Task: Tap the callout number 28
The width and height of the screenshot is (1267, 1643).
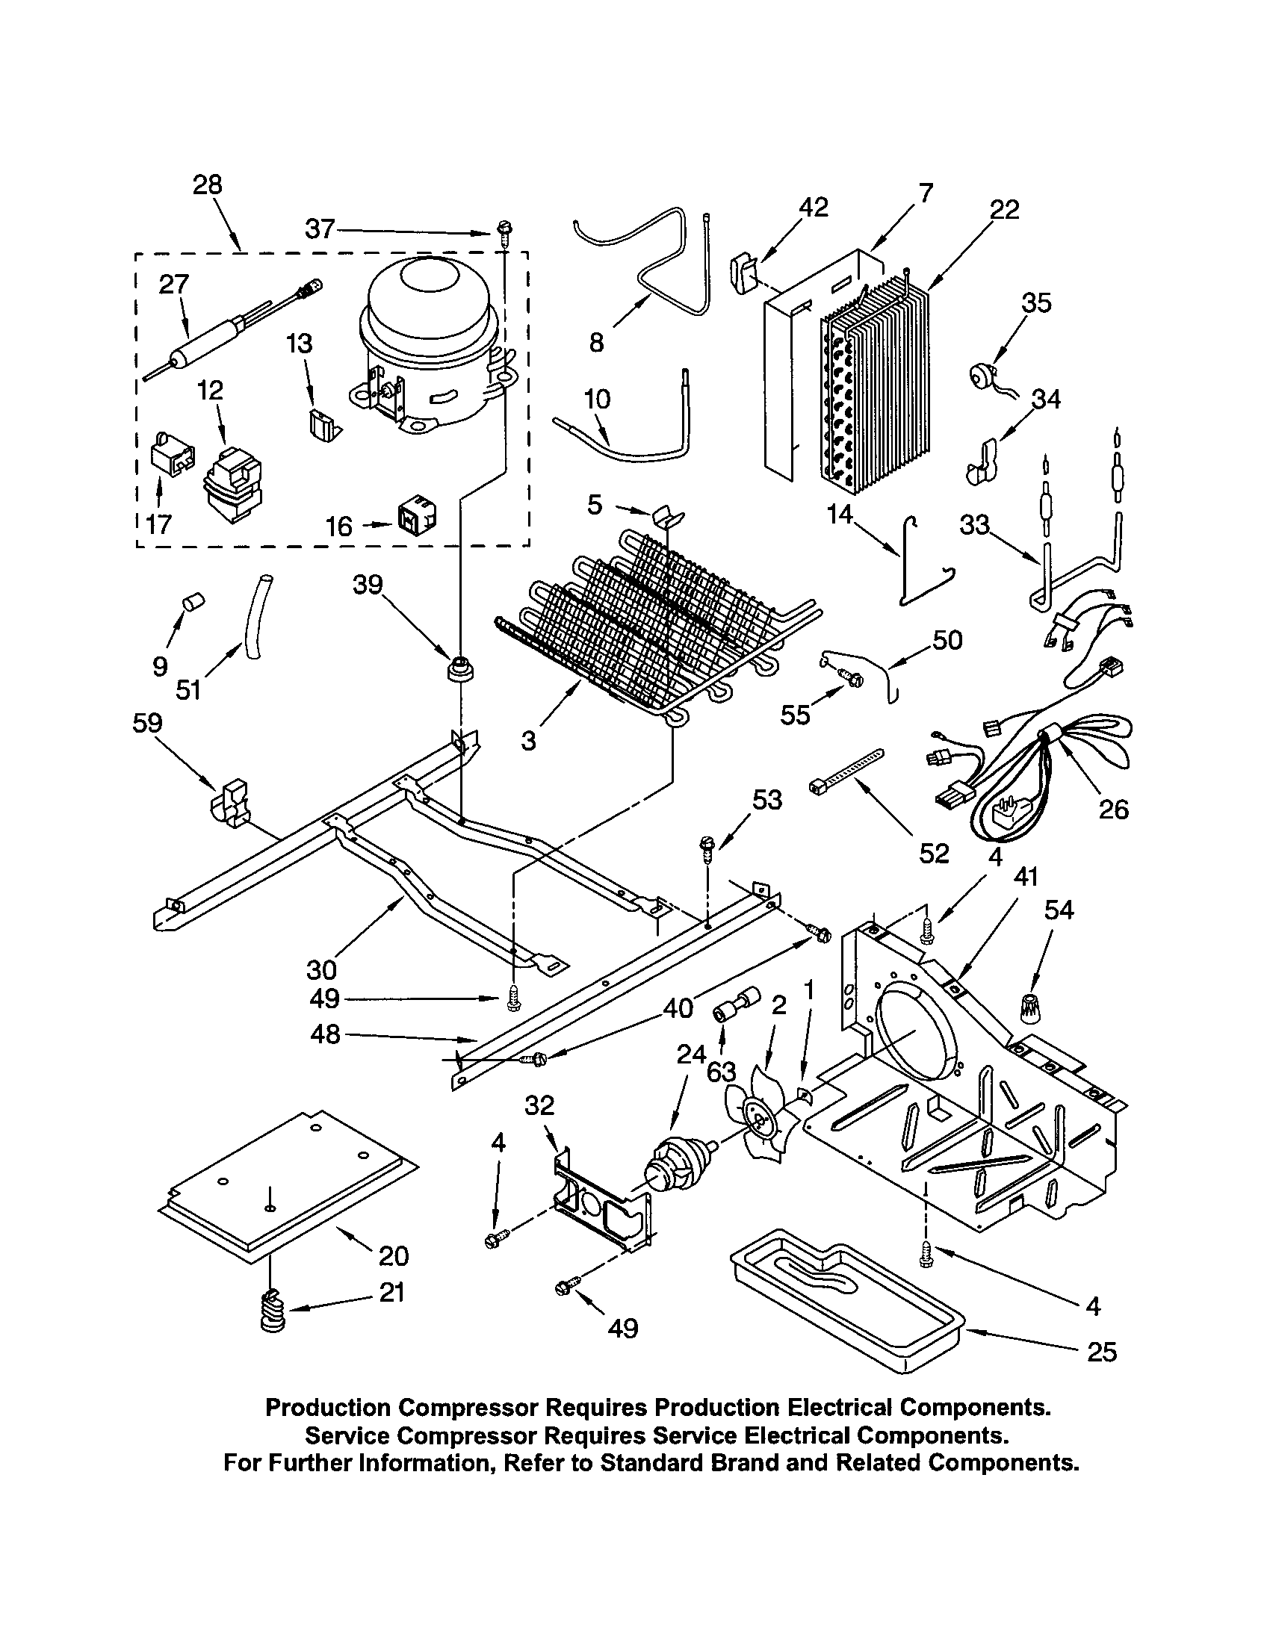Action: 208,184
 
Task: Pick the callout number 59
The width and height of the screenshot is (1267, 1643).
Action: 147,723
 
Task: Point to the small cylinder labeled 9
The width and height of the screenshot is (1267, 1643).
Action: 195,602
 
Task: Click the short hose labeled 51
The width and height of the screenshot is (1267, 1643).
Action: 255,617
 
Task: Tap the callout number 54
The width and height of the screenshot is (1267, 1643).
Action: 1059,910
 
